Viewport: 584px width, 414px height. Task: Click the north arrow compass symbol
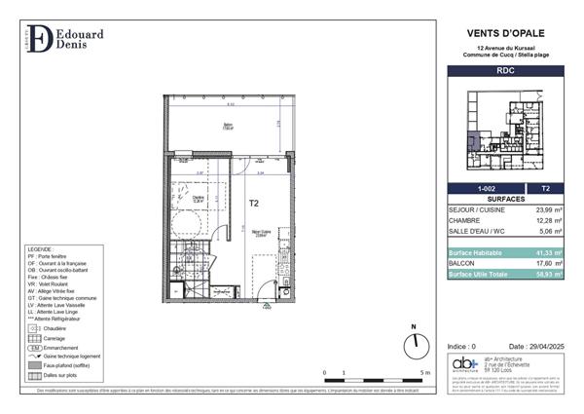click(414, 342)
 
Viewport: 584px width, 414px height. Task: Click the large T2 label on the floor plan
click(253, 204)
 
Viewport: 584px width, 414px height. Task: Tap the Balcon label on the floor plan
click(228, 124)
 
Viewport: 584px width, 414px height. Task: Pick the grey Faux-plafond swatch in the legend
click(36, 365)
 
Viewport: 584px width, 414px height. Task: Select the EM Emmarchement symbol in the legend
click(36, 347)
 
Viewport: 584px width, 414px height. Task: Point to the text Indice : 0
click(461, 347)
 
